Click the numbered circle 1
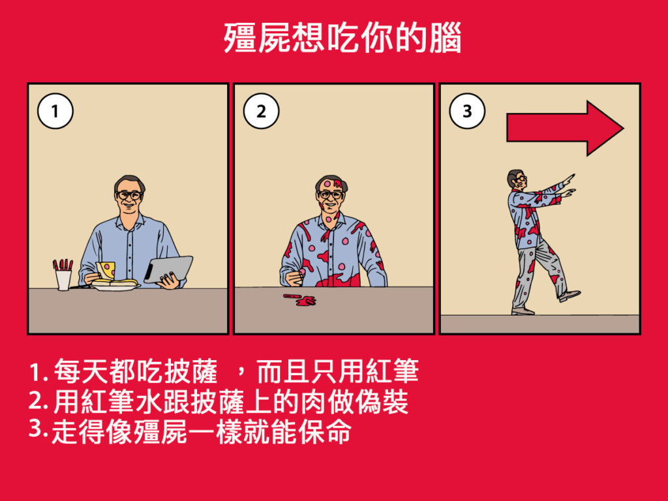pyautogui.click(x=55, y=111)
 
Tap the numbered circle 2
pyautogui.click(x=261, y=111)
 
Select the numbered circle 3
pyautogui.click(x=467, y=111)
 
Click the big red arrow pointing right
pyautogui.click(x=565, y=129)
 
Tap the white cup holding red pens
pyautogui.click(x=63, y=280)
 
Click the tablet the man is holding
pyautogui.click(x=169, y=269)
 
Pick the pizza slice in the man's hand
pyautogui.click(x=106, y=270)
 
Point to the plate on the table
pyautogui.click(x=115, y=286)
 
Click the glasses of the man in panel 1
pyautogui.click(x=129, y=195)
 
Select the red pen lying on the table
pyautogui.click(x=293, y=296)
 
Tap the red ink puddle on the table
pyautogui.click(x=307, y=301)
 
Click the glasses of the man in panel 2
pyautogui.click(x=330, y=194)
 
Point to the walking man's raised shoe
pyautogui.click(x=569, y=296)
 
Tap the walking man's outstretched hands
pyautogui.click(x=568, y=185)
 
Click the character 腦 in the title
pyautogui.click(x=445, y=38)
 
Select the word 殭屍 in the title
pyautogui.click(x=257, y=38)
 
